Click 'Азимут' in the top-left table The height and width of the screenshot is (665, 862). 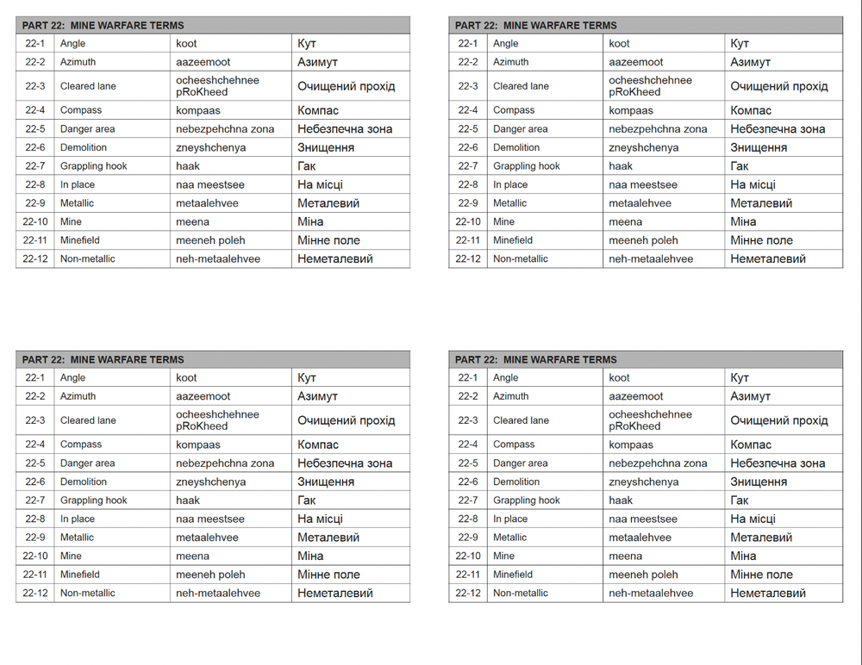pos(317,62)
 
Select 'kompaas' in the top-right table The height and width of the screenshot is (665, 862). pos(631,110)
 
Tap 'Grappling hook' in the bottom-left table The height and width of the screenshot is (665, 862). pos(93,500)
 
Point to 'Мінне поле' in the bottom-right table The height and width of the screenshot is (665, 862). pos(762,575)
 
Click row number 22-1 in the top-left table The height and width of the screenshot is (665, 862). pos(35,43)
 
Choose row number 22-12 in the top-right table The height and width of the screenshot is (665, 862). pos(468,258)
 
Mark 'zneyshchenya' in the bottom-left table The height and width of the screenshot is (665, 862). pos(210,482)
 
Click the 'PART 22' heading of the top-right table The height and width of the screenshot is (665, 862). pos(536,25)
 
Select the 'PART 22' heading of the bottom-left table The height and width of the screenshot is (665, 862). pos(103,359)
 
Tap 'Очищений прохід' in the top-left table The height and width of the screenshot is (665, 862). pos(347,86)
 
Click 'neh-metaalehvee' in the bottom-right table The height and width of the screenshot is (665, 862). pos(651,594)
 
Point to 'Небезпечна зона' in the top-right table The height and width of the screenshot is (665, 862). pos(778,129)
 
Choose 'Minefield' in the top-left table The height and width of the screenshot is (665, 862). pos(80,240)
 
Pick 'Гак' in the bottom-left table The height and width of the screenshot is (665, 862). pos(306,500)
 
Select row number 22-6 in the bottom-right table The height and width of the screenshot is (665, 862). pos(468,482)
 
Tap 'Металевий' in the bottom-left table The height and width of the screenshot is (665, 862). pos(328,538)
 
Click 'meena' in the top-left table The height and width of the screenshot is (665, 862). pos(192,221)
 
